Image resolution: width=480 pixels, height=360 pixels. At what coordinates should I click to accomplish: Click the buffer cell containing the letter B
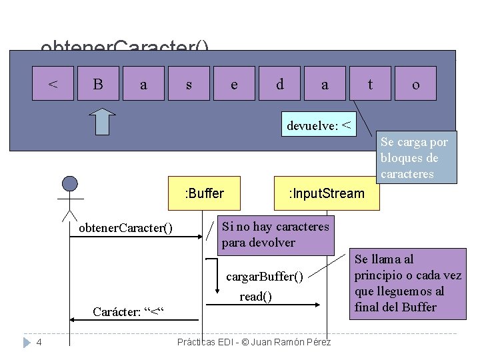pos(98,83)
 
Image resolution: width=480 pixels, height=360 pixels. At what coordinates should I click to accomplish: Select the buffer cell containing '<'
pos(53,83)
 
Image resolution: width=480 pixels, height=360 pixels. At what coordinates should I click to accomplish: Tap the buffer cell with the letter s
pos(189,83)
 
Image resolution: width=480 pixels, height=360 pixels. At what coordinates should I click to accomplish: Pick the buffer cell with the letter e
pos(234,83)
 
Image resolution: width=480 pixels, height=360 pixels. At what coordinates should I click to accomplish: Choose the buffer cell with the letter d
pos(279,83)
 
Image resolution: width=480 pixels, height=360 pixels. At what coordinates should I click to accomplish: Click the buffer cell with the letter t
pos(370,83)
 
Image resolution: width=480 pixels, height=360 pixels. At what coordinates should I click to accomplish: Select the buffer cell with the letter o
pos(415,83)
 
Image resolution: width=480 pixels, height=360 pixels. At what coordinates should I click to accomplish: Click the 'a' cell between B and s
pos(143,83)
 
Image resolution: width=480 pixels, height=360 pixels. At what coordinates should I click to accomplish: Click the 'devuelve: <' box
pos(320,125)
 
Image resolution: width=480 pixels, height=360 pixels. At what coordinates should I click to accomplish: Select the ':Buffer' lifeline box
pos(205,193)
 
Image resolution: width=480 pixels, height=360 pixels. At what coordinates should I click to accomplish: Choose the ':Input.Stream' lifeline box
pos(326,193)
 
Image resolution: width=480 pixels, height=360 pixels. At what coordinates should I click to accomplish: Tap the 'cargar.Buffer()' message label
pos(265,276)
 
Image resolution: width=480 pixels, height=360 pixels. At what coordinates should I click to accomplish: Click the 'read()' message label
pos(255,296)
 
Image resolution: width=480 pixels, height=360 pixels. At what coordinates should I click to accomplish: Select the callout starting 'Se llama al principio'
pos(407,283)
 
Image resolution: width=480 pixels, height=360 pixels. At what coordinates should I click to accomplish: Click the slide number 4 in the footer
pos(39,342)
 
